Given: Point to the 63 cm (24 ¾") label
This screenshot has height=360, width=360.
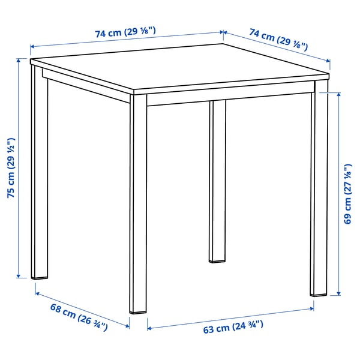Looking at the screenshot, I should [233, 329].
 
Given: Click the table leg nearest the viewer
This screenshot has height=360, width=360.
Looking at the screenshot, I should [139, 204].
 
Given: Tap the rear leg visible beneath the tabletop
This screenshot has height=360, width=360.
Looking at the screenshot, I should [217, 180].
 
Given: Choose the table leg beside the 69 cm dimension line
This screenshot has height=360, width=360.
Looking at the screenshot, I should [319, 192].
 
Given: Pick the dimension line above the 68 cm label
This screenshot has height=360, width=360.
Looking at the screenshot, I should [82, 309].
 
